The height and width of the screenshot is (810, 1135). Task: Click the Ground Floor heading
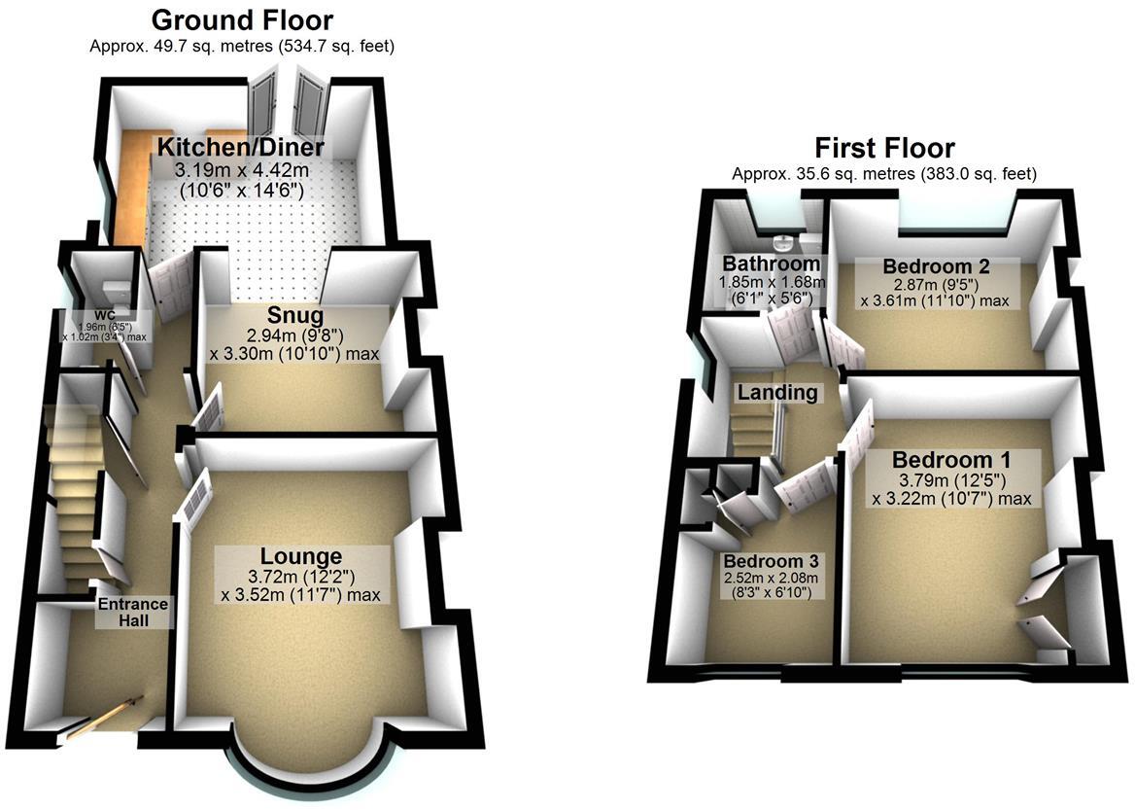click(x=242, y=19)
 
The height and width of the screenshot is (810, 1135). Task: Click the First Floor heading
click(x=884, y=148)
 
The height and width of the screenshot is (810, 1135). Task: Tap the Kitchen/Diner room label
click(x=241, y=148)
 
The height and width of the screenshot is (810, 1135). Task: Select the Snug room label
click(x=295, y=316)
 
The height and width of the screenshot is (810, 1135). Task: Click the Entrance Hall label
click(x=133, y=612)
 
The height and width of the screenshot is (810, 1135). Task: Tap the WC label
click(x=98, y=316)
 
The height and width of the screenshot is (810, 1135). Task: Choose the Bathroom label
click(x=771, y=264)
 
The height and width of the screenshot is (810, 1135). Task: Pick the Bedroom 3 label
click(x=771, y=561)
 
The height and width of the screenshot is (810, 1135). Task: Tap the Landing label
click(x=776, y=393)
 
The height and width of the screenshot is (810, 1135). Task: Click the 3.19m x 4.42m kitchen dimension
click(x=241, y=170)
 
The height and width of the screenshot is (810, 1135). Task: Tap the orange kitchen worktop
click(x=129, y=185)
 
